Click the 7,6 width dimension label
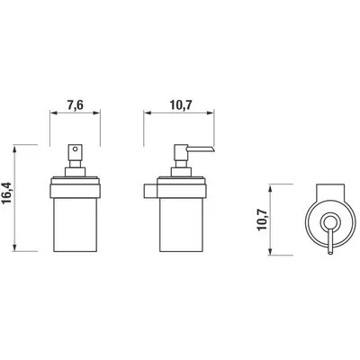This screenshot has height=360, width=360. [x=75, y=105]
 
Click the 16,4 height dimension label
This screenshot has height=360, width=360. [x=7, y=193]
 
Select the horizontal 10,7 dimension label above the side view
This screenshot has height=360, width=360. [x=181, y=105]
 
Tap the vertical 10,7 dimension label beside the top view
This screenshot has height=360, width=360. [x=263, y=220]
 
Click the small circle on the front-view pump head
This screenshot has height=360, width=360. [x=75, y=148]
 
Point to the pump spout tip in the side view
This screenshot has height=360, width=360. [x=213, y=149]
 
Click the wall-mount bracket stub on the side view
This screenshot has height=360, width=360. [x=151, y=192]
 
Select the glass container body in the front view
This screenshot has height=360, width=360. [x=75, y=224]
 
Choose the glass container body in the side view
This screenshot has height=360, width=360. [x=181, y=224]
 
